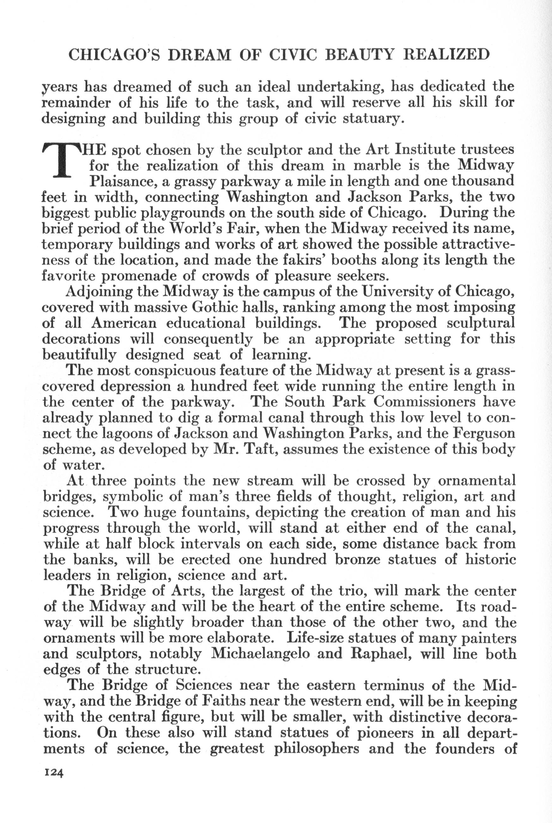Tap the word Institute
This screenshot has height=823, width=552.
pos(425,150)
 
